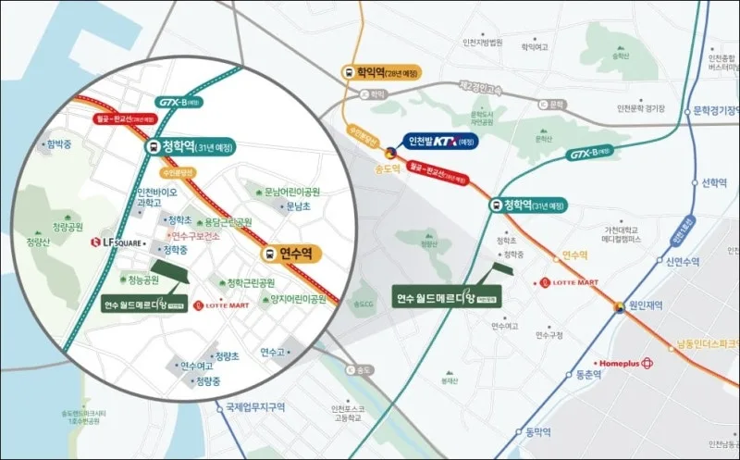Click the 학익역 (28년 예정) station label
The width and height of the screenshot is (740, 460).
coord(380,71)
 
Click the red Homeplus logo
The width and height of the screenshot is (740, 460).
coord(627,363)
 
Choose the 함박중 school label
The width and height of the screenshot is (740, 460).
coord(57,144)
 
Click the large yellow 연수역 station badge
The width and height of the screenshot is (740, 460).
coord(288,253)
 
